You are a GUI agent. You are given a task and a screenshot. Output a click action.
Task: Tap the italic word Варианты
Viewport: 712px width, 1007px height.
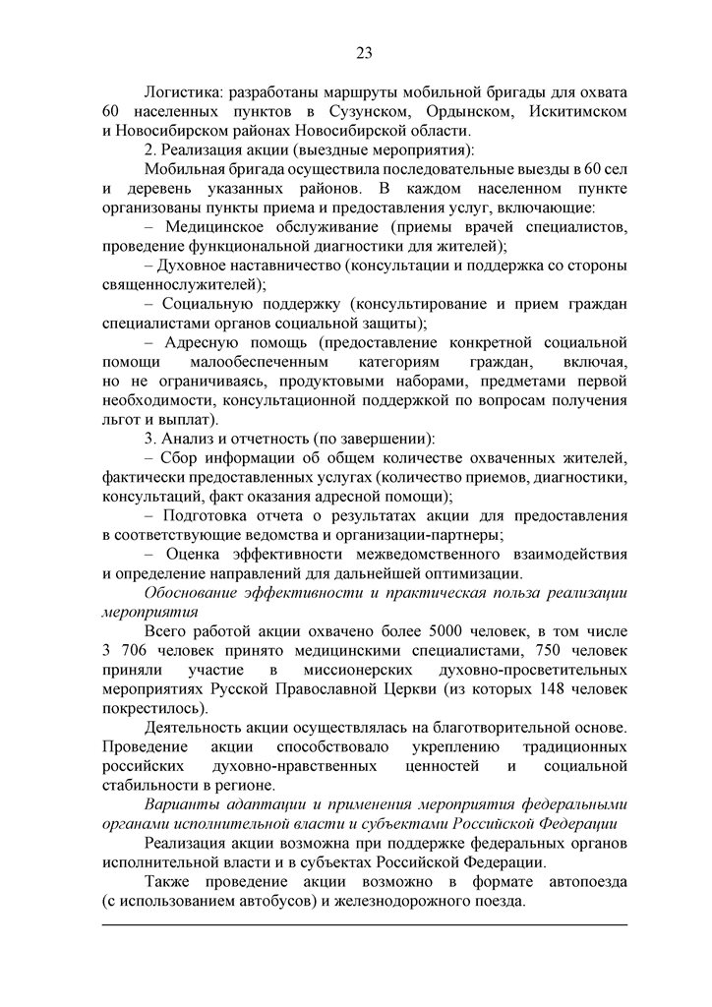(179, 804)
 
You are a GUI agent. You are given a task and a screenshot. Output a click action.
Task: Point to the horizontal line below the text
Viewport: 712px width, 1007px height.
(364, 924)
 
